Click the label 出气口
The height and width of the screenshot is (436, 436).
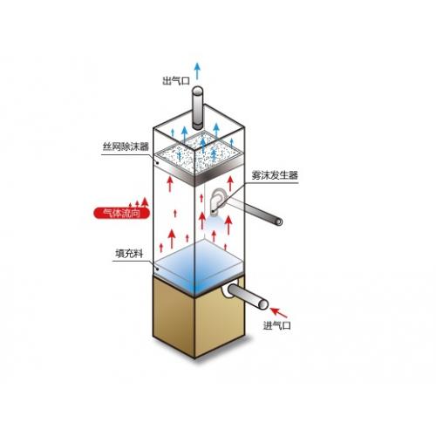[176, 81]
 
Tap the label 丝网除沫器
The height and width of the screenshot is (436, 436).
[126, 146]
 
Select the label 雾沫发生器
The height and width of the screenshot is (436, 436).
[275, 175]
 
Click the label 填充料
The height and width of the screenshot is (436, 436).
[129, 254]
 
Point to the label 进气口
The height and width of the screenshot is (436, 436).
[276, 325]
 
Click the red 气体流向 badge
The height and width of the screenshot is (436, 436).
[121, 213]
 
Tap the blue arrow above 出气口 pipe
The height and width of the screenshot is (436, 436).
[197, 71]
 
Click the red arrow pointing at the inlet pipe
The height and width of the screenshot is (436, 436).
[279, 312]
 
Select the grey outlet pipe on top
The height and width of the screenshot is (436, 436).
[198, 108]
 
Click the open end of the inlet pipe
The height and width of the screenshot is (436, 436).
[263, 304]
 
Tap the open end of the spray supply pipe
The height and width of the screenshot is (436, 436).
[279, 221]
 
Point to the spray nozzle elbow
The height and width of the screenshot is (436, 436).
[216, 201]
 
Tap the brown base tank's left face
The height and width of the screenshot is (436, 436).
[174, 317]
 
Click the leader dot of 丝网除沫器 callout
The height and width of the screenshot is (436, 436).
[157, 163]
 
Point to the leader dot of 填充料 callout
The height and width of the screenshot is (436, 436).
[157, 269]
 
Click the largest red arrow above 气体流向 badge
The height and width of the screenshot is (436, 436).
[145, 202]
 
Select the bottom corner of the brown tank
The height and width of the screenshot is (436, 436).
[194, 358]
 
